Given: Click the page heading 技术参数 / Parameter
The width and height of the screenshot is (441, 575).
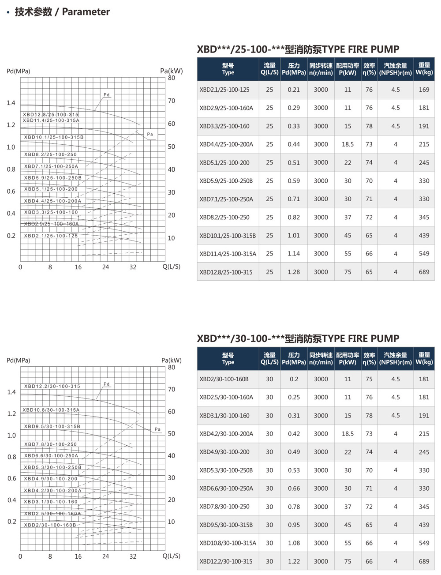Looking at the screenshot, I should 62,12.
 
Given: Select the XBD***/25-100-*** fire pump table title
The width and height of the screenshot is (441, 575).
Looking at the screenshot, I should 298,49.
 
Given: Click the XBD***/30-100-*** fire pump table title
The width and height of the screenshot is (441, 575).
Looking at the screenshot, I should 298,338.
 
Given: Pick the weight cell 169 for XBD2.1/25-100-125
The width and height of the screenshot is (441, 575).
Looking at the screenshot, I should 424,90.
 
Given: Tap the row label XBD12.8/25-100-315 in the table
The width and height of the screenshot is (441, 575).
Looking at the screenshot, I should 226,272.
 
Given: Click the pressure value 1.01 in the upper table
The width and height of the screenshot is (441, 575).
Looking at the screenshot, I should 294,236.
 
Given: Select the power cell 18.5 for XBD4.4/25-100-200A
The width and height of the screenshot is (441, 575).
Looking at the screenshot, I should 348,144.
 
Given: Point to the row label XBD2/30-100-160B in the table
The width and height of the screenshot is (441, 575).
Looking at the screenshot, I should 224,379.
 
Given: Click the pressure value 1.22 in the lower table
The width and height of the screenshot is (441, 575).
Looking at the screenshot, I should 294,561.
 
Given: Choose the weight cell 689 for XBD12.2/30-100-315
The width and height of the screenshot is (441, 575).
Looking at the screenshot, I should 424,561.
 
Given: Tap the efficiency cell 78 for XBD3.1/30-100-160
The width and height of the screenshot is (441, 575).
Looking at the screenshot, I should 369,416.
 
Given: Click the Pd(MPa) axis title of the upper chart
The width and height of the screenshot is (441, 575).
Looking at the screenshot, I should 19,71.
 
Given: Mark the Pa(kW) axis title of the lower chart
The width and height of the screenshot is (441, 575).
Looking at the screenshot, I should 172,361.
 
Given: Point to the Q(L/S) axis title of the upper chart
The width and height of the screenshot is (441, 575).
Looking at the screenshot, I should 172,267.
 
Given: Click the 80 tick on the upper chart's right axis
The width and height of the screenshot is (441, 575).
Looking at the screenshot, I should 171,78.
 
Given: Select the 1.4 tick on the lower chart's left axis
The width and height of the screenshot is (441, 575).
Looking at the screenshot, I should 11,392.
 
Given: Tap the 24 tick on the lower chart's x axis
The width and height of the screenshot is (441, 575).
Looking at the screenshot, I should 105,556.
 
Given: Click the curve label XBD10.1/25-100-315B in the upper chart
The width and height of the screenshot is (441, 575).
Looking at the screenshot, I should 54,137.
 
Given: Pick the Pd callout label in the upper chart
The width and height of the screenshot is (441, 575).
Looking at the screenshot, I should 106,95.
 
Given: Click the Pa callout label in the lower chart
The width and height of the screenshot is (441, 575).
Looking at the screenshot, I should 157,429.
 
